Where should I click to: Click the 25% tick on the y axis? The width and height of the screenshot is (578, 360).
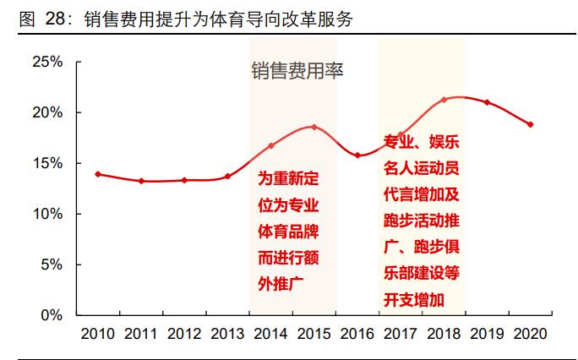[x=46, y=62]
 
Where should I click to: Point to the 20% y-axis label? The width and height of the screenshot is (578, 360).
[x=46, y=112]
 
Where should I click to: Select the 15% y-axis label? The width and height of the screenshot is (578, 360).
[x=46, y=163]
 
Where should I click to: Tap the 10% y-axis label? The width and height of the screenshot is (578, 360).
[x=46, y=214]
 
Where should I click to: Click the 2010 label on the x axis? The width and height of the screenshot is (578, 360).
[x=98, y=334]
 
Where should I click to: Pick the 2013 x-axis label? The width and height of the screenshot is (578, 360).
[x=227, y=334]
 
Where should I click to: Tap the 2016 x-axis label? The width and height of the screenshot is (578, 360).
[x=357, y=334]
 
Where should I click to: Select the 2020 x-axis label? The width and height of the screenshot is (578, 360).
[x=530, y=334]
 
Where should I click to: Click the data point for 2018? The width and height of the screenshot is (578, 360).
[x=444, y=100]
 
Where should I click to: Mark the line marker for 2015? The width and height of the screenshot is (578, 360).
[x=314, y=127]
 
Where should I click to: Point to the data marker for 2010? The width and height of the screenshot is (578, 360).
[x=98, y=174]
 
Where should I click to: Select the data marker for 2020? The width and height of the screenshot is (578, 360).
[x=530, y=124]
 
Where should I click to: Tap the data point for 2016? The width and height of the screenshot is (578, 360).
[x=357, y=155]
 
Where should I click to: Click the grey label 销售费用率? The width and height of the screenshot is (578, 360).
[x=296, y=71]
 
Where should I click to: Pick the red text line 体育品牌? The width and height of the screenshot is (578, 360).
[x=288, y=231]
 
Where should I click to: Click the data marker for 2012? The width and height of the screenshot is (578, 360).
[x=184, y=180]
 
